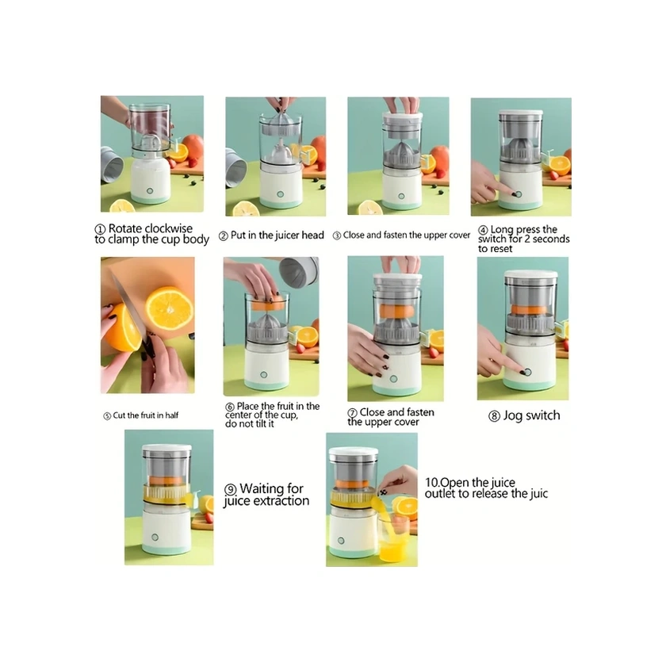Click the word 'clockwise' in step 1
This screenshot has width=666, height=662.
[x=168, y=228]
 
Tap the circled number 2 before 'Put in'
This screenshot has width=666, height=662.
[x=223, y=236]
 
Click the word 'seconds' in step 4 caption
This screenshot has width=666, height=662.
[x=551, y=239]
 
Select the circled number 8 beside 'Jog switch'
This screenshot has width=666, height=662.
[x=494, y=415]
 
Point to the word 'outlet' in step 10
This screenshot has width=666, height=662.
[x=440, y=494]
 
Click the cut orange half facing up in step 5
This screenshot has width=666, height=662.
[x=169, y=308]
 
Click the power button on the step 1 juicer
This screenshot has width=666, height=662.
[x=150, y=191]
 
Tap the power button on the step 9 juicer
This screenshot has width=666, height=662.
[x=155, y=538]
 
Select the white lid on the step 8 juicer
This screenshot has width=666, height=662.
[x=530, y=274]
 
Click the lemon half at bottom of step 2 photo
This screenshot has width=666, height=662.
[x=246, y=209]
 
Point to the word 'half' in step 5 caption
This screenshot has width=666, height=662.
[x=171, y=415]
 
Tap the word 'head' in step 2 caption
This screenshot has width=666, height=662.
[x=312, y=235]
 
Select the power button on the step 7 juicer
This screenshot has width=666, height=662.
[x=393, y=379]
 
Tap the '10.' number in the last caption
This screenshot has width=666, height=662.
[x=432, y=483]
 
